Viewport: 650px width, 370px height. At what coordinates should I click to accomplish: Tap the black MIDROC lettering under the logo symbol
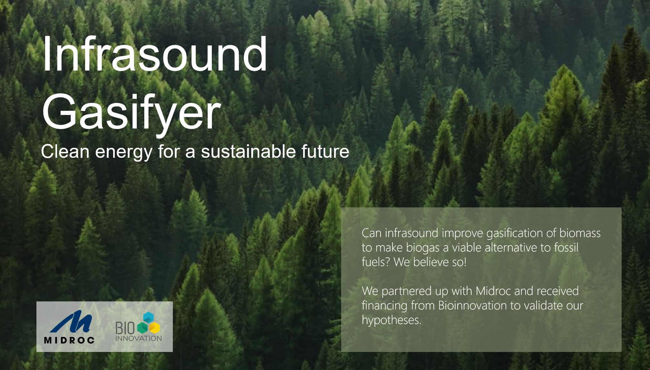[x=69, y=340]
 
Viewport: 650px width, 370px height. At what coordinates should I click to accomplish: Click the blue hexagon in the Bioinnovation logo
[x=148, y=318]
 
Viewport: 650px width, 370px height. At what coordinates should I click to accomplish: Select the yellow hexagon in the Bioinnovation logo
[x=154, y=328]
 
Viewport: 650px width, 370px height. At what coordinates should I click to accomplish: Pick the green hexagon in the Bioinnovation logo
[x=143, y=328]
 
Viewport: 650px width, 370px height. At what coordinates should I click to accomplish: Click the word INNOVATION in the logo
[x=139, y=338]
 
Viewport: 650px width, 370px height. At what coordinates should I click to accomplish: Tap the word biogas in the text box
[x=423, y=248]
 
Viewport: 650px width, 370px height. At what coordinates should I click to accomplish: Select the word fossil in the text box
[x=566, y=247]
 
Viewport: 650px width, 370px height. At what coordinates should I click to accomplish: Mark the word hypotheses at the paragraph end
[x=391, y=320]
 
